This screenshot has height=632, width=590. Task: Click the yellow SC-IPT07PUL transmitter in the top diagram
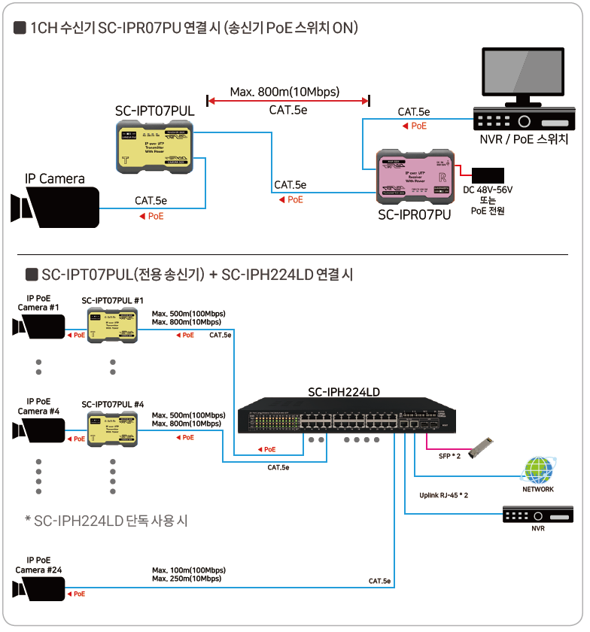point(155,147)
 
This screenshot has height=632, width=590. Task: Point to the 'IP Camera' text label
point(55,179)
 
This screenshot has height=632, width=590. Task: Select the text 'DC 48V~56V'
point(487,190)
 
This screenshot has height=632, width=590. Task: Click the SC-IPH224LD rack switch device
point(343,418)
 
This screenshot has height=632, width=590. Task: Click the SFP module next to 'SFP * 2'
point(479,448)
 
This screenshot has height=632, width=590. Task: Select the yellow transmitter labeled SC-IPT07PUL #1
point(112,325)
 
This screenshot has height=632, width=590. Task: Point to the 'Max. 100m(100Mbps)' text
point(188,570)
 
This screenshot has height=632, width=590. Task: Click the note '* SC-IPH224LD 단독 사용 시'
point(105,521)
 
